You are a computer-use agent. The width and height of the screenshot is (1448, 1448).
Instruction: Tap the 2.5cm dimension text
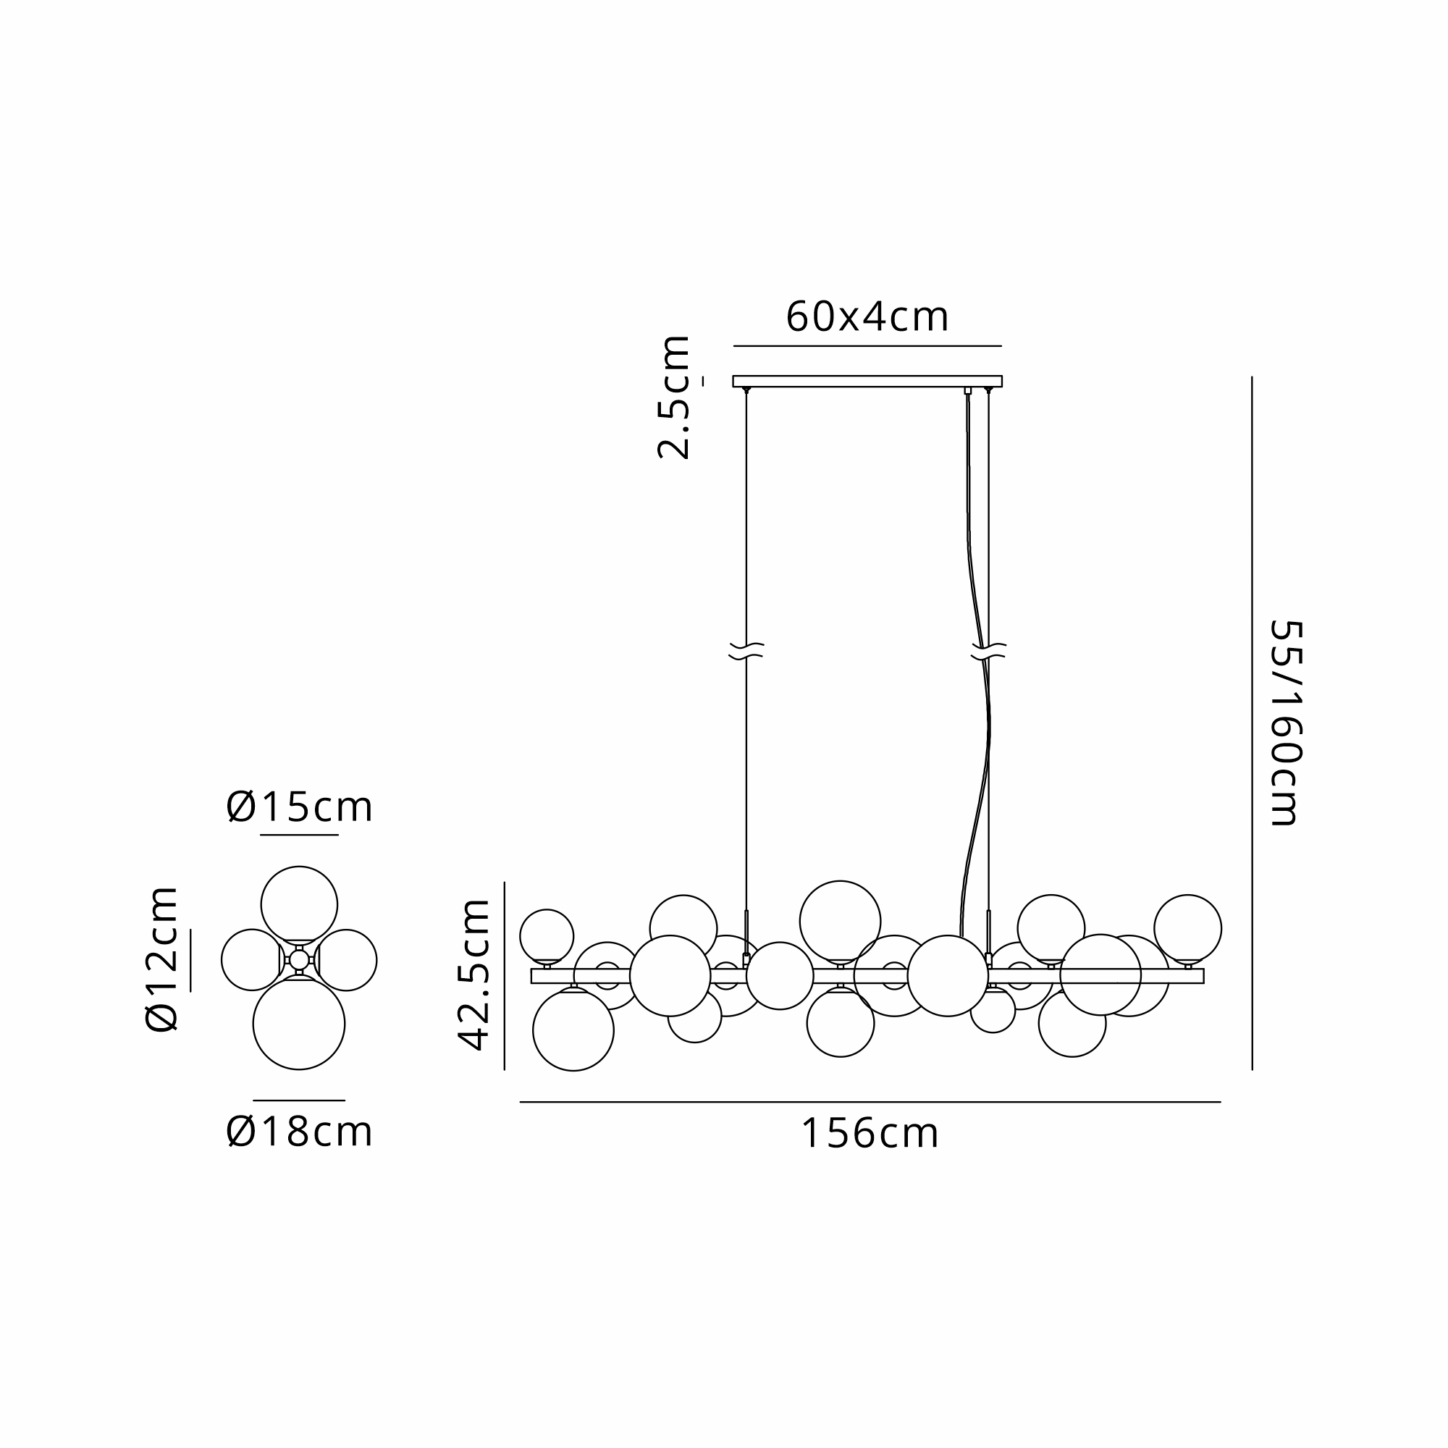[x=673, y=397]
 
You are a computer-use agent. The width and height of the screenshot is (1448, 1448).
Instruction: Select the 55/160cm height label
[x=1285, y=723]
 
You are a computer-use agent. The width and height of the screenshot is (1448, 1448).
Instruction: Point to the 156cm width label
[x=870, y=1133]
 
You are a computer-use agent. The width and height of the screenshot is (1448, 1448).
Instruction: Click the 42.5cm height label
[x=473, y=975]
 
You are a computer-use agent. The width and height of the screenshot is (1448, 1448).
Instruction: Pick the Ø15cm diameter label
[x=299, y=807]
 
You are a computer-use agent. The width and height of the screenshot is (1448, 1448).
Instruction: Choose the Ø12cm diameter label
[x=161, y=959]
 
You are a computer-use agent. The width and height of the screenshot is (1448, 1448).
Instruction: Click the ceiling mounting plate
[x=867, y=381]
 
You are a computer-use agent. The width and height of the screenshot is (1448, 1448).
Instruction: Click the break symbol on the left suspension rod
[x=746, y=651]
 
